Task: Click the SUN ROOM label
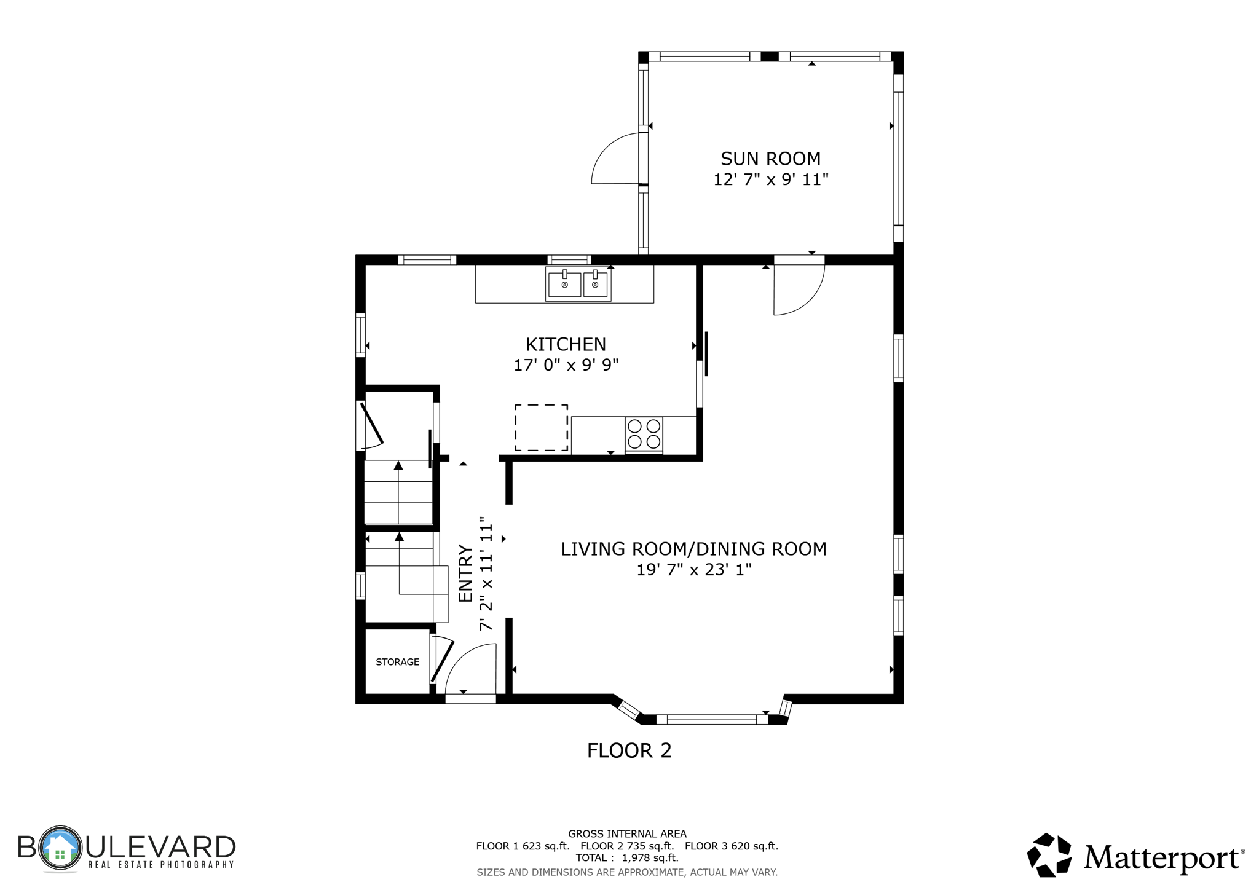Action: pyautogui.click(x=770, y=159)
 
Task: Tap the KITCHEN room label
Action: pyautogui.click(x=566, y=344)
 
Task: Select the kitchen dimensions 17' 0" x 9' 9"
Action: pyautogui.click(x=566, y=365)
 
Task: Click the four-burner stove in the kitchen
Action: pyautogui.click(x=644, y=434)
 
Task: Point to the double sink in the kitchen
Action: pyautogui.click(x=578, y=285)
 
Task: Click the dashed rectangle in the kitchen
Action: pyautogui.click(x=541, y=428)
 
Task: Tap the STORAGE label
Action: pyautogui.click(x=397, y=662)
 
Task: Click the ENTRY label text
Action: pyautogui.click(x=465, y=573)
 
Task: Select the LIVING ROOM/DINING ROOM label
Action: pyautogui.click(x=693, y=549)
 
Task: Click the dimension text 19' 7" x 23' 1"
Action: pyautogui.click(x=693, y=570)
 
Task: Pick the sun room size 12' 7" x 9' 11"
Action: pyautogui.click(x=770, y=179)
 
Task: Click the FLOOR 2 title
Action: pyautogui.click(x=629, y=750)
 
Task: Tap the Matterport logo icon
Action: pyautogui.click(x=1049, y=855)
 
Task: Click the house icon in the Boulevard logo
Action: pyautogui.click(x=60, y=849)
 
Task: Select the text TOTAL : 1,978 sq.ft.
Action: pyautogui.click(x=627, y=858)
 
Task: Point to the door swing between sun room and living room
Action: pyautogui.click(x=796, y=289)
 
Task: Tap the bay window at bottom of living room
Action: pyautogui.click(x=712, y=719)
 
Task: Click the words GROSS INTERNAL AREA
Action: pyautogui.click(x=627, y=834)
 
